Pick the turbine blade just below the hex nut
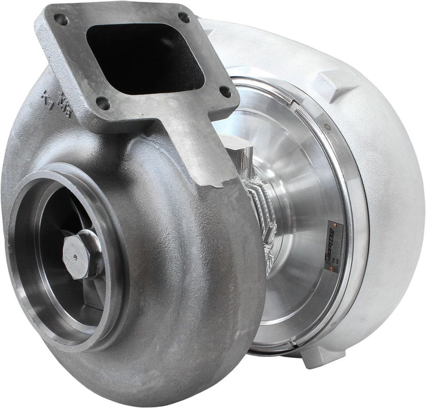tap(87, 291)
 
